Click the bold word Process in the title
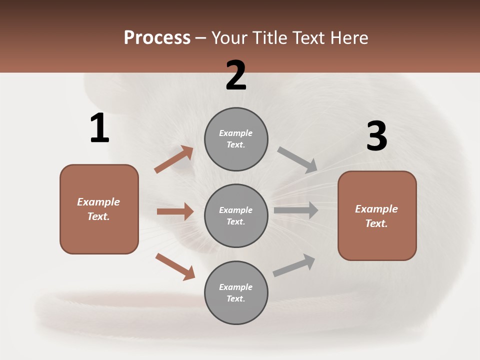click(x=157, y=38)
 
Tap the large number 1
click(x=99, y=128)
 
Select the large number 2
click(x=236, y=75)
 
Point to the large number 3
click(x=376, y=136)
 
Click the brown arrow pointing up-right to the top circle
click(x=173, y=159)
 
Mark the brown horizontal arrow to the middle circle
click(x=175, y=211)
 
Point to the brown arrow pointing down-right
click(x=175, y=266)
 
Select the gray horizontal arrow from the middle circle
click(x=296, y=210)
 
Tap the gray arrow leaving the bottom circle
click(x=294, y=265)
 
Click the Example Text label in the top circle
click(x=236, y=139)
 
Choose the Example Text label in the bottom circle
click(x=236, y=293)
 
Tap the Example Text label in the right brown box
click(x=376, y=216)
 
